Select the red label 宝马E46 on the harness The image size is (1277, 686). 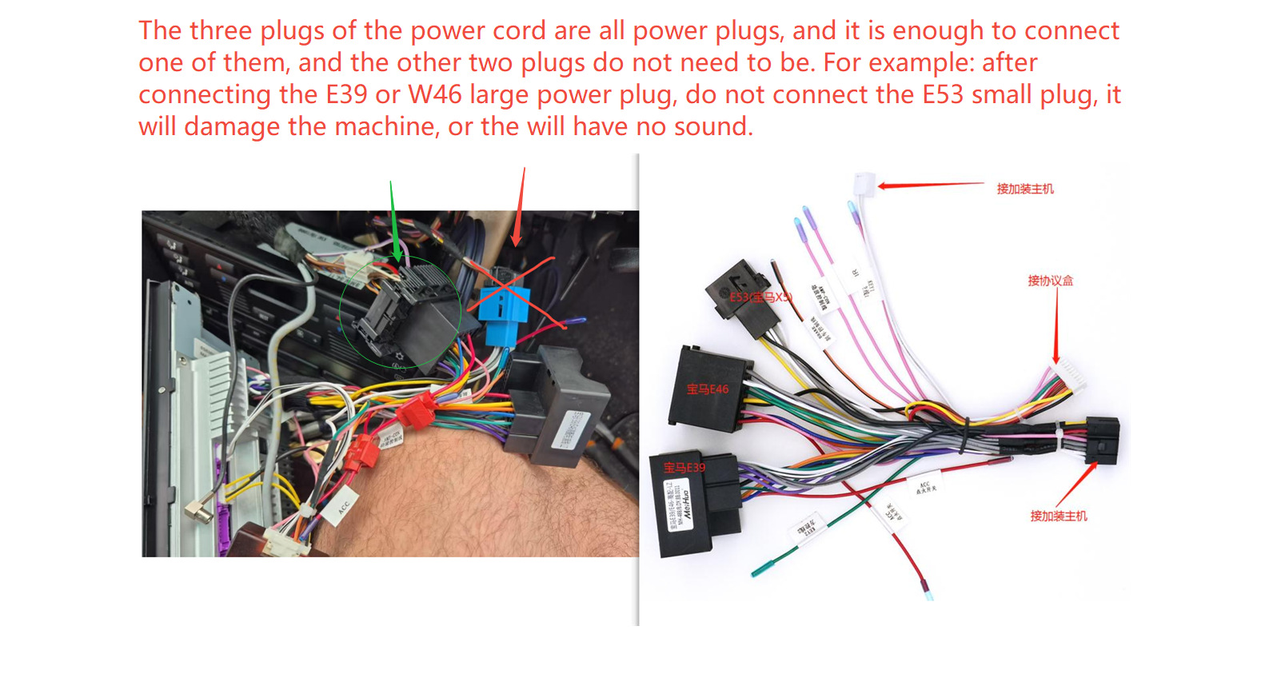coord(708,389)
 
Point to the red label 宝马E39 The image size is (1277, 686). coord(684,468)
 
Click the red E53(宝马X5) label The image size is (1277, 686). coord(760,297)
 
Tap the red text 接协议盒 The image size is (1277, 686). coord(1050,281)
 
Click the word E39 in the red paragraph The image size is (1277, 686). coord(346,95)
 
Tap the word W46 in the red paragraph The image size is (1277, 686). coord(435,95)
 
